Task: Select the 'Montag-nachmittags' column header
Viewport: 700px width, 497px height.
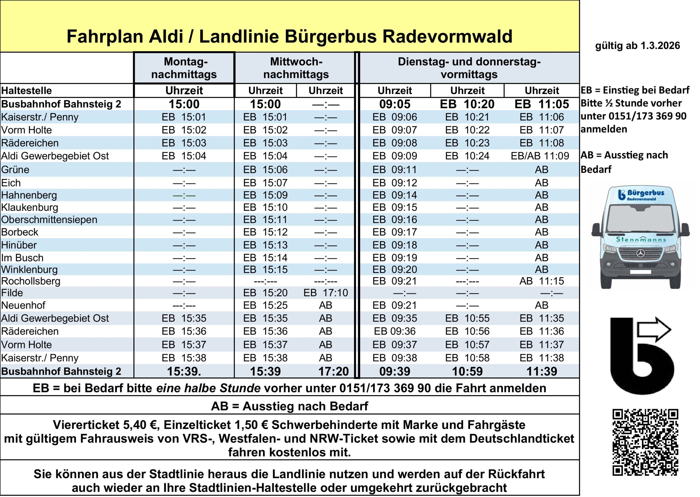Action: (x=184, y=68)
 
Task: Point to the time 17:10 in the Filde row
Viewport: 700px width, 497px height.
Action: (x=326, y=293)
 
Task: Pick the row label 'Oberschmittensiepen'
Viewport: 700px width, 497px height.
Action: (x=49, y=220)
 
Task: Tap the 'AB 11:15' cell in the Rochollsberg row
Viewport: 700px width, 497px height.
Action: (x=541, y=281)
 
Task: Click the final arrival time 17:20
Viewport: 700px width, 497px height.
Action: (x=333, y=372)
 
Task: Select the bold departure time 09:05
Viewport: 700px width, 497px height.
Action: (x=395, y=104)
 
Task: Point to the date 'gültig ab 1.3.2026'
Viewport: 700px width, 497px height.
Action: (x=637, y=46)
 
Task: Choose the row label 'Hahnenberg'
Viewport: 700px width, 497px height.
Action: (x=29, y=195)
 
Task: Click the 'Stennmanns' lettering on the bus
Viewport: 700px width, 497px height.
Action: (x=641, y=239)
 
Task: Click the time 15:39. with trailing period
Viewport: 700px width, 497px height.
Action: (x=184, y=372)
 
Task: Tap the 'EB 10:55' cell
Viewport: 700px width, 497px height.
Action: (x=467, y=318)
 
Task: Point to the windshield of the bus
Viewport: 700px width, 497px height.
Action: (x=640, y=218)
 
